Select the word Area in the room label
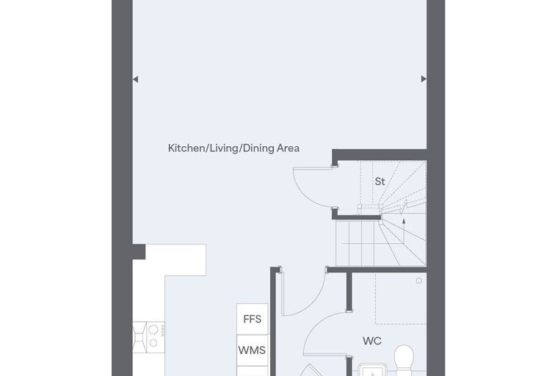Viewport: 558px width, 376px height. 289,148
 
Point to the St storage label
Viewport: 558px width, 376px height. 380,181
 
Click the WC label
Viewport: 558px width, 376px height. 372,341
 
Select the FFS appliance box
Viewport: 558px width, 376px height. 253,319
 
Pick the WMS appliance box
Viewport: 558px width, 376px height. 253,350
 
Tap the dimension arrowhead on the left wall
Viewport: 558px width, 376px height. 136,79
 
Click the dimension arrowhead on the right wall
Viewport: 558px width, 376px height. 424,79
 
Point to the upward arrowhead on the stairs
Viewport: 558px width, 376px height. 404,221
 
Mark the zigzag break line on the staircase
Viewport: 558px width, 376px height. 404,207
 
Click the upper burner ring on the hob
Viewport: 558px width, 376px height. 153,329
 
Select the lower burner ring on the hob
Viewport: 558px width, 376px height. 153,343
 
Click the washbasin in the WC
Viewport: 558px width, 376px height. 372,369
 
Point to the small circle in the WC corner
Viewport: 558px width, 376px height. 418,281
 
